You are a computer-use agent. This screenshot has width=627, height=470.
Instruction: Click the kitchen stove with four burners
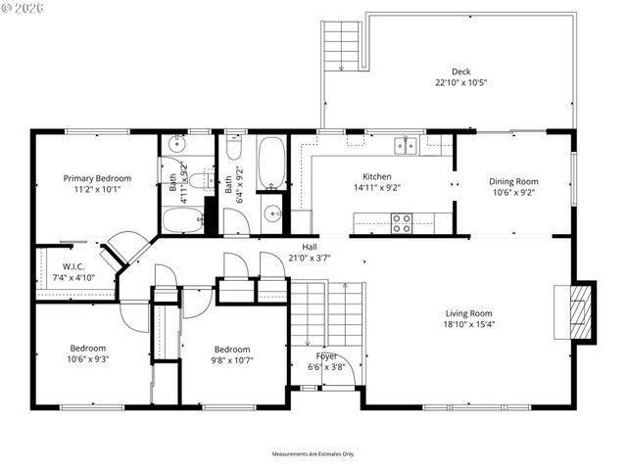click(x=402, y=223)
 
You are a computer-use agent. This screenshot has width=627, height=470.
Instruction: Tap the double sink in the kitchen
click(x=405, y=146)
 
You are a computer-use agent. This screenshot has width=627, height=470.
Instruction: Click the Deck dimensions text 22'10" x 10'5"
click(x=460, y=83)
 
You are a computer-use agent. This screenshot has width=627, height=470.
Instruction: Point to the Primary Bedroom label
click(x=97, y=178)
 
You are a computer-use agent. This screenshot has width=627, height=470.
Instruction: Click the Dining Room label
click(x=513, y=181)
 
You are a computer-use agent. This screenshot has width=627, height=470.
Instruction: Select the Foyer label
click(x=326, y=355)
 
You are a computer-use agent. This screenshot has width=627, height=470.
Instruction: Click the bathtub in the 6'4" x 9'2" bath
click(x=271, y=163)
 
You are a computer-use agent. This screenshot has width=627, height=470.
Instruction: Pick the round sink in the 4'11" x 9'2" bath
click(x=175, y=145)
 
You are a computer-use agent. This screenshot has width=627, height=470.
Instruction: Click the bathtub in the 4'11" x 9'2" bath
click(x=182, y=219)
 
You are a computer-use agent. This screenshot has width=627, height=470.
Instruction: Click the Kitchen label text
click(x=376, y=176)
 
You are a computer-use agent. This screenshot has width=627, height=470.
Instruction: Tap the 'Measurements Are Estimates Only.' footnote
click(x=313, y=454)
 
